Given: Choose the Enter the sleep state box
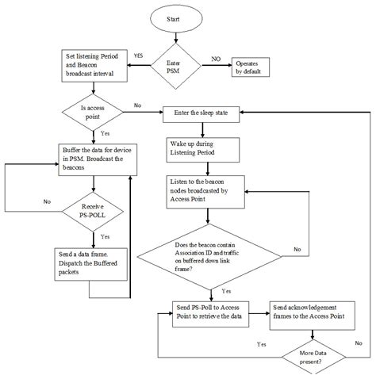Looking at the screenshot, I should tap(205, 114).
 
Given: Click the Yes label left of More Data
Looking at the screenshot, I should tap(262, 344).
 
